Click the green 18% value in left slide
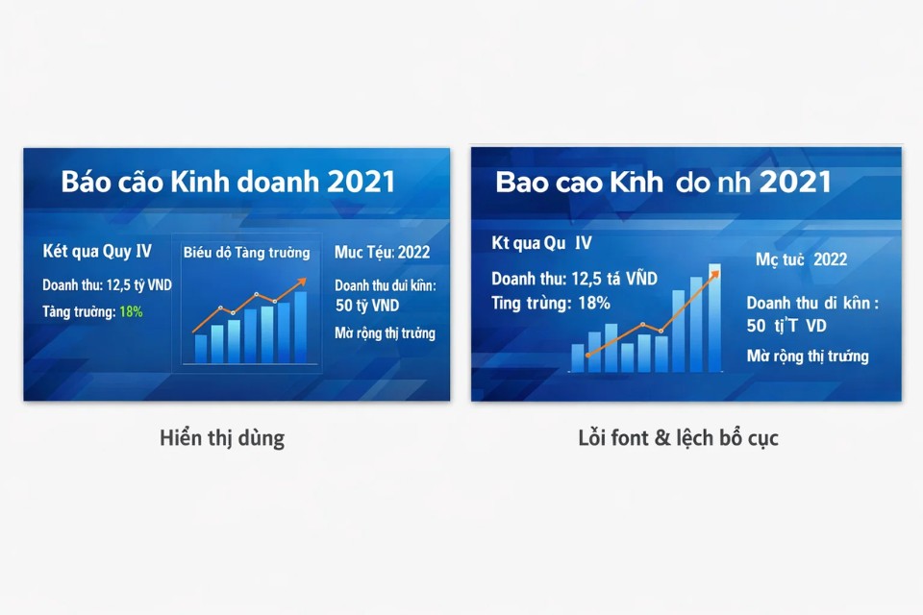pos(131,311)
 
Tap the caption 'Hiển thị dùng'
pos(222,439)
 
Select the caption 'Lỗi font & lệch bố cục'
pos(678,439)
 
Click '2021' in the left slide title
pos(361,183)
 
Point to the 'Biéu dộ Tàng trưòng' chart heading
pos(247,253)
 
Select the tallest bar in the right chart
pos(714,317)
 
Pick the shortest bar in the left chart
pos(201,348)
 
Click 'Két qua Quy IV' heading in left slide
pos(97,252)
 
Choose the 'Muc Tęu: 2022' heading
pos(383,253)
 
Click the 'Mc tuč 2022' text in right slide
pos(801,259)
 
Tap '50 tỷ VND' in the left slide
pos(367,306)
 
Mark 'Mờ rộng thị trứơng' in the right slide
pos(808,357)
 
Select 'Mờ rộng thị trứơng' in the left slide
pos(385,333)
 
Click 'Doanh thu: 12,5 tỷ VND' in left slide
pos(106,285)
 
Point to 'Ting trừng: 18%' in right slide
pos(551,303)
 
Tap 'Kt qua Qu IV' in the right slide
pos(541,244)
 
